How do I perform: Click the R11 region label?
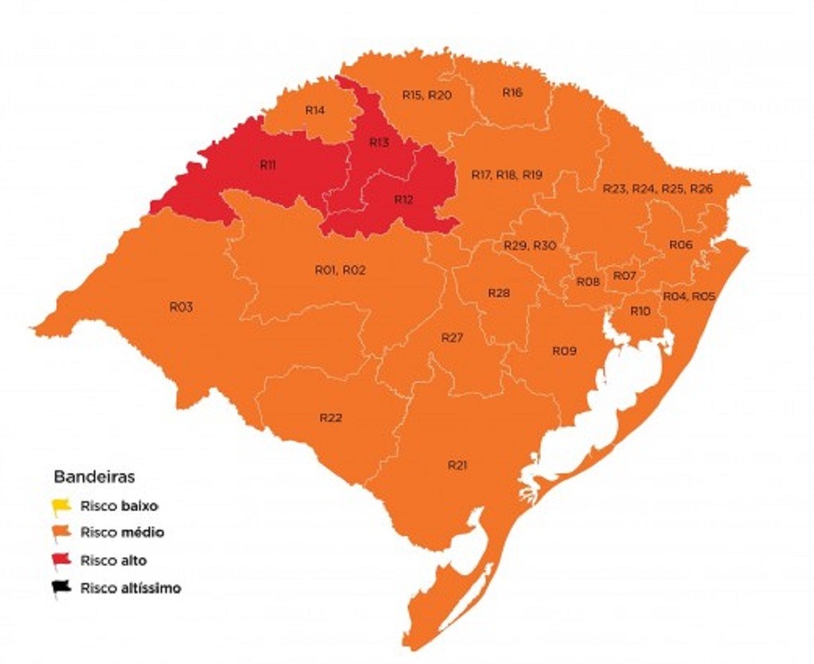(x=268, y=165)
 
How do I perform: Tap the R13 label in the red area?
(x=379, y=143)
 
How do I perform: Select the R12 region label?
(x=404, y=199)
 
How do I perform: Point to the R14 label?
(x=315, y=110)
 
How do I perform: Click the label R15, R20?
(x=427, y=95)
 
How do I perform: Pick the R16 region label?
(x=513, y=92)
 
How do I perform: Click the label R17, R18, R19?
(x=506, y=175)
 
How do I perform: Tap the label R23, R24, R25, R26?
(x=657, y=189)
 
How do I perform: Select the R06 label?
(x=680, y=245)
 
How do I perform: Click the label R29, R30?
(x=529, y=246)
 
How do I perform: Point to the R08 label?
(x=588, y=282)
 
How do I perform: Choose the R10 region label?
(x=640, y=311)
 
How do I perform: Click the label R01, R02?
(x=340, y=271)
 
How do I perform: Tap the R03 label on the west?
(x=181, y=307)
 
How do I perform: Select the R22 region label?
(x=331, y=418)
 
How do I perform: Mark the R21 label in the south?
(x=456, y=465)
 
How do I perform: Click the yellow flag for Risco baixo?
(x=61, y=505)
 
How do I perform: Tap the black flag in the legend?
(x=61, y=589)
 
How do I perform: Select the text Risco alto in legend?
(x=113, y=561)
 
